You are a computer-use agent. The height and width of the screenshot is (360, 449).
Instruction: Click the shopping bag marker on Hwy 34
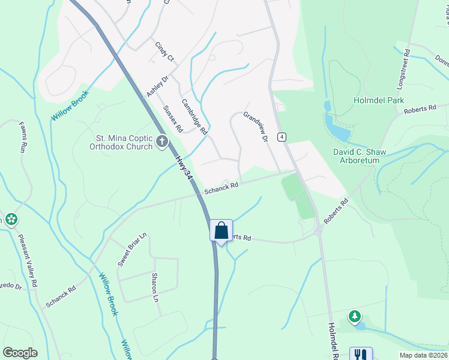[x=221, y=230]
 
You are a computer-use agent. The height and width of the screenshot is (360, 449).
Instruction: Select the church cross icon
[x=161, y=142]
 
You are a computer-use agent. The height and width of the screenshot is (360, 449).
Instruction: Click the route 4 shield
[x=282, y=137]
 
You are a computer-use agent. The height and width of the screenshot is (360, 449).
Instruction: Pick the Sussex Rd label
[x=173, y=119]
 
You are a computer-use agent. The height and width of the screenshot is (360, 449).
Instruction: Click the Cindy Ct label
[x=164, y=52]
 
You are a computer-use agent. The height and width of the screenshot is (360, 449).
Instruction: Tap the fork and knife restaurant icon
[x=361, y=355]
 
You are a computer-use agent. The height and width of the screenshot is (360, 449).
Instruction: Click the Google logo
[x=20, y=353]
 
